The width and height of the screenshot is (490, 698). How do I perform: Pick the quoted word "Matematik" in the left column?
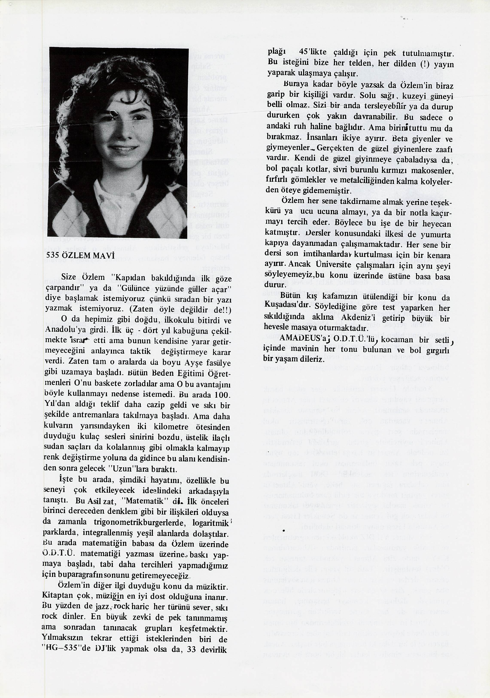coord(143,501)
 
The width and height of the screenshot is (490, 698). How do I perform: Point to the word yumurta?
coord(435,234)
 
